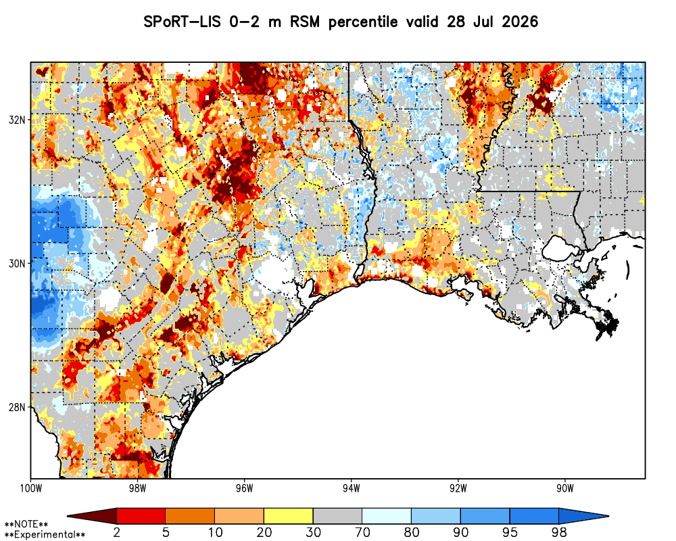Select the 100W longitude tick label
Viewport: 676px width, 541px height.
(31, 488)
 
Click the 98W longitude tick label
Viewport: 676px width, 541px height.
(137, 488)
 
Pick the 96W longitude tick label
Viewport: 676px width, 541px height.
(245, 488)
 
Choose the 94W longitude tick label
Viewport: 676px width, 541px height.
(352, 488)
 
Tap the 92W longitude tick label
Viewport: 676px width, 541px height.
(458, 488)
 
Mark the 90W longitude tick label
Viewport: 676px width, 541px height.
(565, 488)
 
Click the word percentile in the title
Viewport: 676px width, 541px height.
(363, 22)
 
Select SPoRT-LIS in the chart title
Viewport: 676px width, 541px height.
(183, 22)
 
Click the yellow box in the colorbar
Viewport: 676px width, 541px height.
(289, 516)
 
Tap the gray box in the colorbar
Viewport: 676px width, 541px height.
(337, 516)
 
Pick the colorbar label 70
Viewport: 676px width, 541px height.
(362, 532)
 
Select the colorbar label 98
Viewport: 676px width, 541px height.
(559, 532)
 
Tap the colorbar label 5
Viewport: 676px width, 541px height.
(166, 532)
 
